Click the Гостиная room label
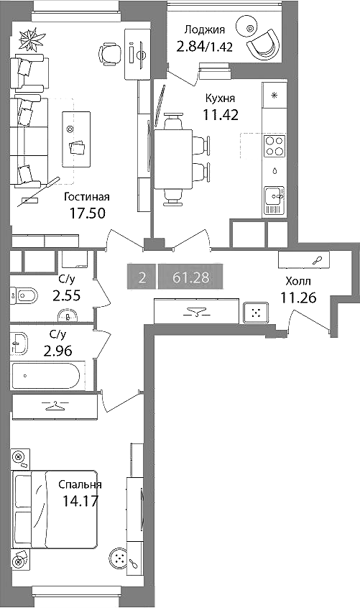(87, 198)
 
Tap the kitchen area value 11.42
(221, 115)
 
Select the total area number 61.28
(190, 277)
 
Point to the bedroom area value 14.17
(80, 501)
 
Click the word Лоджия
(205, 30)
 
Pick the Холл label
(298, 281)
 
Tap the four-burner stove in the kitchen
(274, 146)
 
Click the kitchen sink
(274, 201)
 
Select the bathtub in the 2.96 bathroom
(46, 375)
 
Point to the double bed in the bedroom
(55, 510)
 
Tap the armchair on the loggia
(263, 44)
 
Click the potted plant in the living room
(31, 38)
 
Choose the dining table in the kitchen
(173, 159)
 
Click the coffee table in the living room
(76, 139)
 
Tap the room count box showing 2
(142, 277)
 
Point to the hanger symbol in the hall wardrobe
(195, 311)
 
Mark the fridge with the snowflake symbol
(274, 95)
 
